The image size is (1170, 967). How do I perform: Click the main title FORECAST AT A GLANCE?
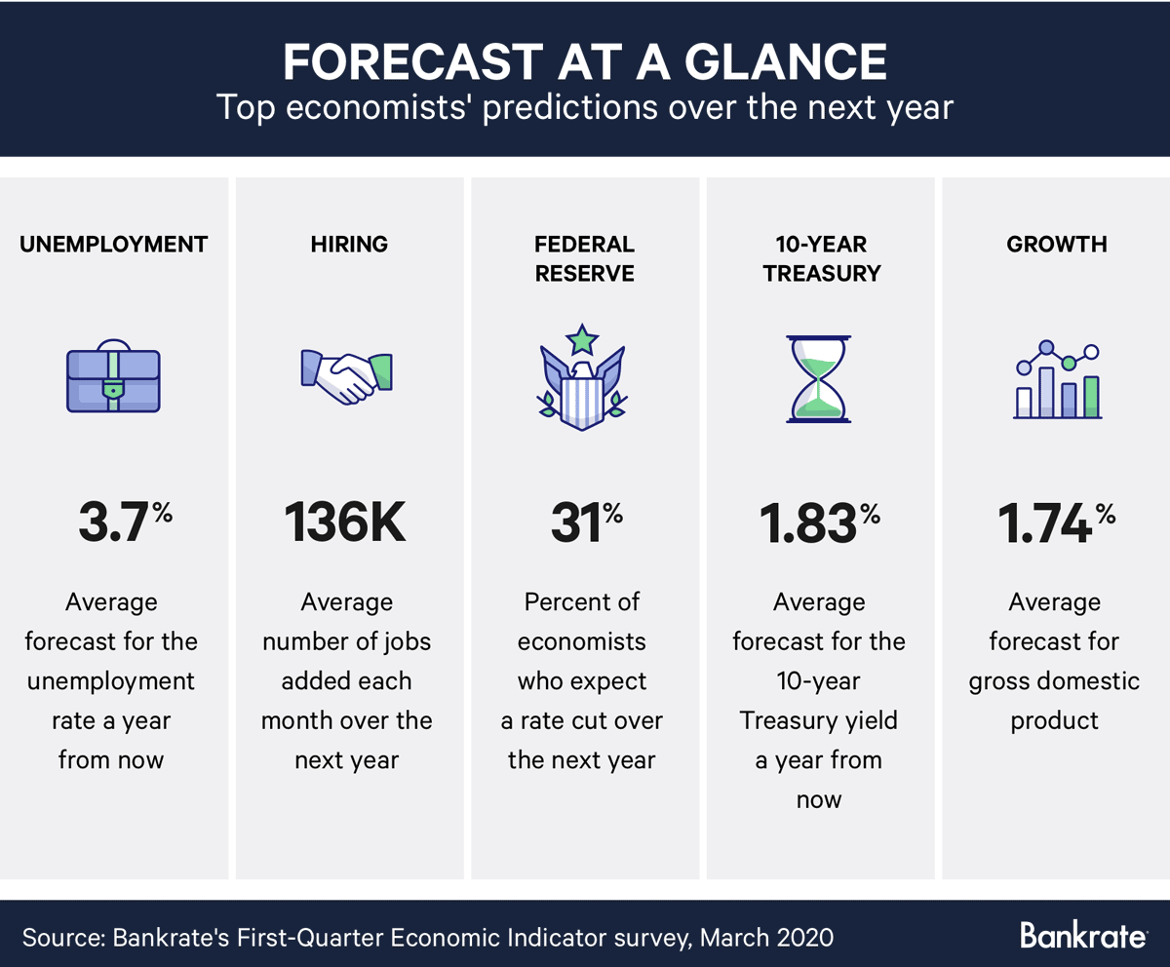[584, 60]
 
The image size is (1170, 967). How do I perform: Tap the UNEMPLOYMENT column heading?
[114, 245]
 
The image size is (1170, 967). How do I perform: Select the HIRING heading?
[349, 245]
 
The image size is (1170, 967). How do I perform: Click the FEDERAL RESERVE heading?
[584, 258]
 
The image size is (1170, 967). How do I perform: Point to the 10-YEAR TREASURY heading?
[822, 258]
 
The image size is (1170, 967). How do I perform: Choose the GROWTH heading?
[1056, 245]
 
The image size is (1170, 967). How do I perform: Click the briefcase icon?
[114, 375]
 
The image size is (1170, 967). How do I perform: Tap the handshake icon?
[347, 375]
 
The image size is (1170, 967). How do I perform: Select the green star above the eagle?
[583, 338]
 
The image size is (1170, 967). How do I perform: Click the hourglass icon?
[819, 378]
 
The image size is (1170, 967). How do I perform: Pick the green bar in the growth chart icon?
[1091, 397]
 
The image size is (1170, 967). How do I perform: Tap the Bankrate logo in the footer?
[1083, 936]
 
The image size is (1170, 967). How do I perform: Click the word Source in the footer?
[61, 938]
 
